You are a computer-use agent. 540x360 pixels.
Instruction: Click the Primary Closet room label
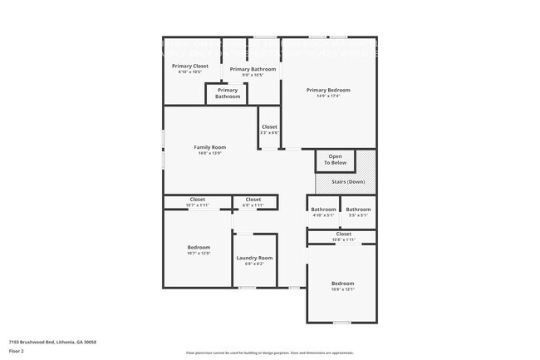pos(190,66)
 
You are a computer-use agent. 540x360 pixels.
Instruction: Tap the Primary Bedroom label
pos(328,90)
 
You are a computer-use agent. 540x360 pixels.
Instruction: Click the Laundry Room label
pos(254,258)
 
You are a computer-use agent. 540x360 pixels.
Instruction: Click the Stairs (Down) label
pos(344,181)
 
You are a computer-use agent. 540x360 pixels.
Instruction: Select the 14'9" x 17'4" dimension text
pos(328,96)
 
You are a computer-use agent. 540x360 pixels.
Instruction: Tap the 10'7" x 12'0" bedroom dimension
pos(199,253)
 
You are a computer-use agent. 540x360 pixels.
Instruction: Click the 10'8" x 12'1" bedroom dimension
pos(343,289)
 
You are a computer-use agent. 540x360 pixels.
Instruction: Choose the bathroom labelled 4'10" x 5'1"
pos(323,211)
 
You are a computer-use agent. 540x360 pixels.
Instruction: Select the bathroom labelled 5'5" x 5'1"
pos(358,211)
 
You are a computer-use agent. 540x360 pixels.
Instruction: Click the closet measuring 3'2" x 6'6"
pos(269,130)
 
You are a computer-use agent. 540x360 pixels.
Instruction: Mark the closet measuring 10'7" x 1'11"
pos(198,202)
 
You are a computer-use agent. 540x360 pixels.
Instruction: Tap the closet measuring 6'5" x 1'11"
pos(253,202)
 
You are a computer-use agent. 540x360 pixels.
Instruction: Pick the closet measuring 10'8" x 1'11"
pos(343,237)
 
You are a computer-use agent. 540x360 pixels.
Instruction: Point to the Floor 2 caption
pos(17,352)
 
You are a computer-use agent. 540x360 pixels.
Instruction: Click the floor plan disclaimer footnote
pos(270,353)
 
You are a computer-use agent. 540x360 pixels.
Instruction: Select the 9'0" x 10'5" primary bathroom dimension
pos(253,75)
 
